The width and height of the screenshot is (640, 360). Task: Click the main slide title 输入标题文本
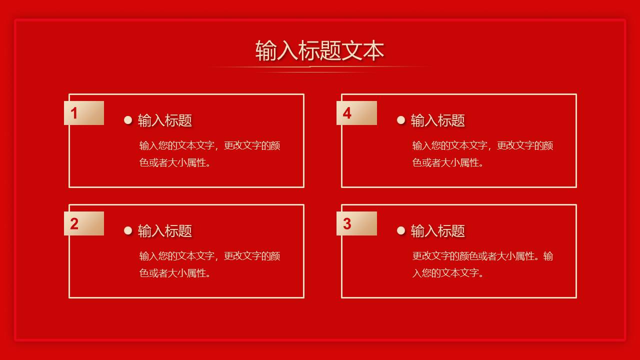point(319,51)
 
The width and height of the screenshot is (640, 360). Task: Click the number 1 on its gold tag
point(74,113)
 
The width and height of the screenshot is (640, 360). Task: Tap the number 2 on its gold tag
point(74,224)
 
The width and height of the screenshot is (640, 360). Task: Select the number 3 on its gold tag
point(347,224)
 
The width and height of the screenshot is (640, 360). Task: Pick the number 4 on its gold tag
point(347,113)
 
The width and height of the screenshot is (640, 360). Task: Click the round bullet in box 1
point(128,120)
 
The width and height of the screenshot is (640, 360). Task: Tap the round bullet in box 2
point(128,230)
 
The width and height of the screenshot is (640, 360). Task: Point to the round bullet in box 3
point(401,230)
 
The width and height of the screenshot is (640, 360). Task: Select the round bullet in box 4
point(401,120)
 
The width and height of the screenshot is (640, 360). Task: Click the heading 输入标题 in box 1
point(165,120)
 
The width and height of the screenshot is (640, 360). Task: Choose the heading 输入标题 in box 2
point(165,231)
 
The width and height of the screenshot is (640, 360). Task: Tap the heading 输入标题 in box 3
point(438,231)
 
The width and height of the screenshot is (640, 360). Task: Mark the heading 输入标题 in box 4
point(438,120)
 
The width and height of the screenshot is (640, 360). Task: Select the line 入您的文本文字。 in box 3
point(448,273)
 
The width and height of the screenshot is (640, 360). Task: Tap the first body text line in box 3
point(482,256)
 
